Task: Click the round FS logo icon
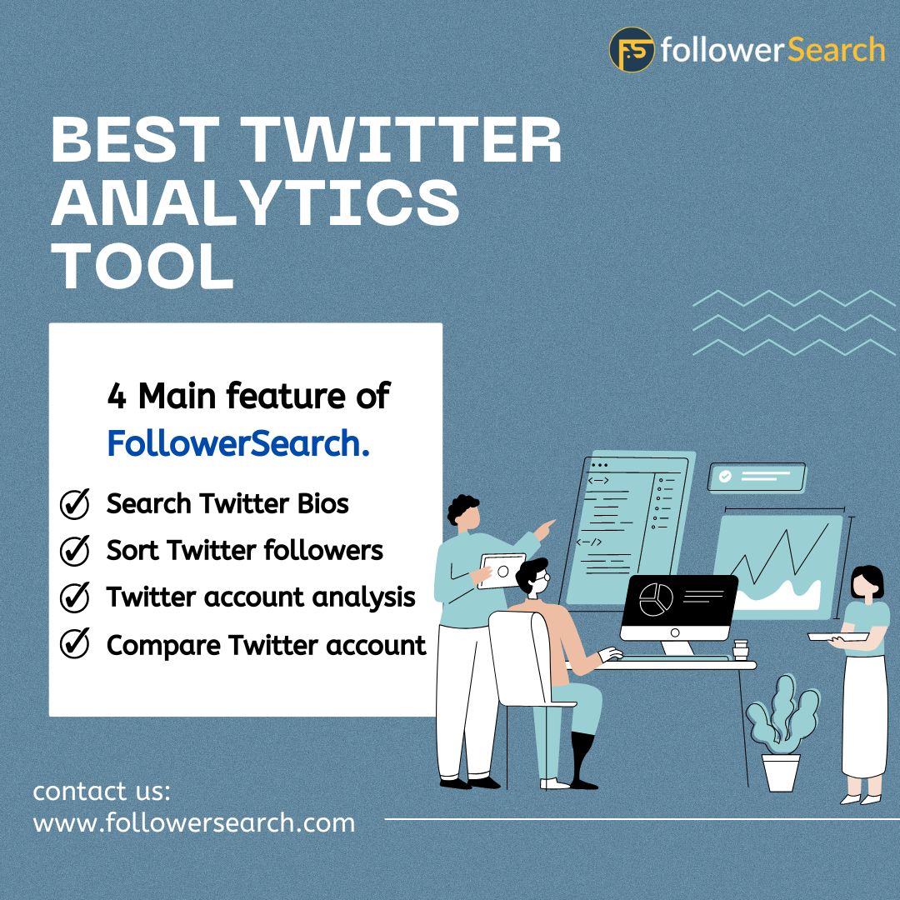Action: (632, 49)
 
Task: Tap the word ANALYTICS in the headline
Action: (255, 203)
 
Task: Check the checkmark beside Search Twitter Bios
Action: (75, 504)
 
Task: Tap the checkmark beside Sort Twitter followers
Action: (75, 551)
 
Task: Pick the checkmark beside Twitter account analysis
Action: (75, 597)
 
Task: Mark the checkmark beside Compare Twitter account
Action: (75, 644)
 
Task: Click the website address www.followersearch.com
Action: (193, 823)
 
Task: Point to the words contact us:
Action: (102, 790)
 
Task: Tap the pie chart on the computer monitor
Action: (656, 600)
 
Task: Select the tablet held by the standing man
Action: (502, 572)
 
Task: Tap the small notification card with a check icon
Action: (757, 477)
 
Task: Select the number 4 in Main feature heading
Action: (117, 397)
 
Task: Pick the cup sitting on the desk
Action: (740, 650)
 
